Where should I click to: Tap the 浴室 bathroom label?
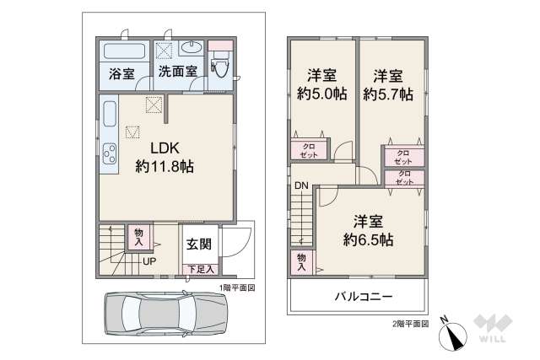121,73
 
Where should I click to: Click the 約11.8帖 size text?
165,166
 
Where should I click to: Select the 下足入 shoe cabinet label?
200,269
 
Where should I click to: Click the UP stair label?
148,261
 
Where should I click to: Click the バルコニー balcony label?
362,297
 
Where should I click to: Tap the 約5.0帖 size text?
321,94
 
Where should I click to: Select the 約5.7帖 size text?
388,94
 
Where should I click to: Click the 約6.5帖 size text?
368,239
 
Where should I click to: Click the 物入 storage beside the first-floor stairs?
138,237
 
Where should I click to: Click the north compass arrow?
454,336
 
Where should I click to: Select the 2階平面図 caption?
409,323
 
